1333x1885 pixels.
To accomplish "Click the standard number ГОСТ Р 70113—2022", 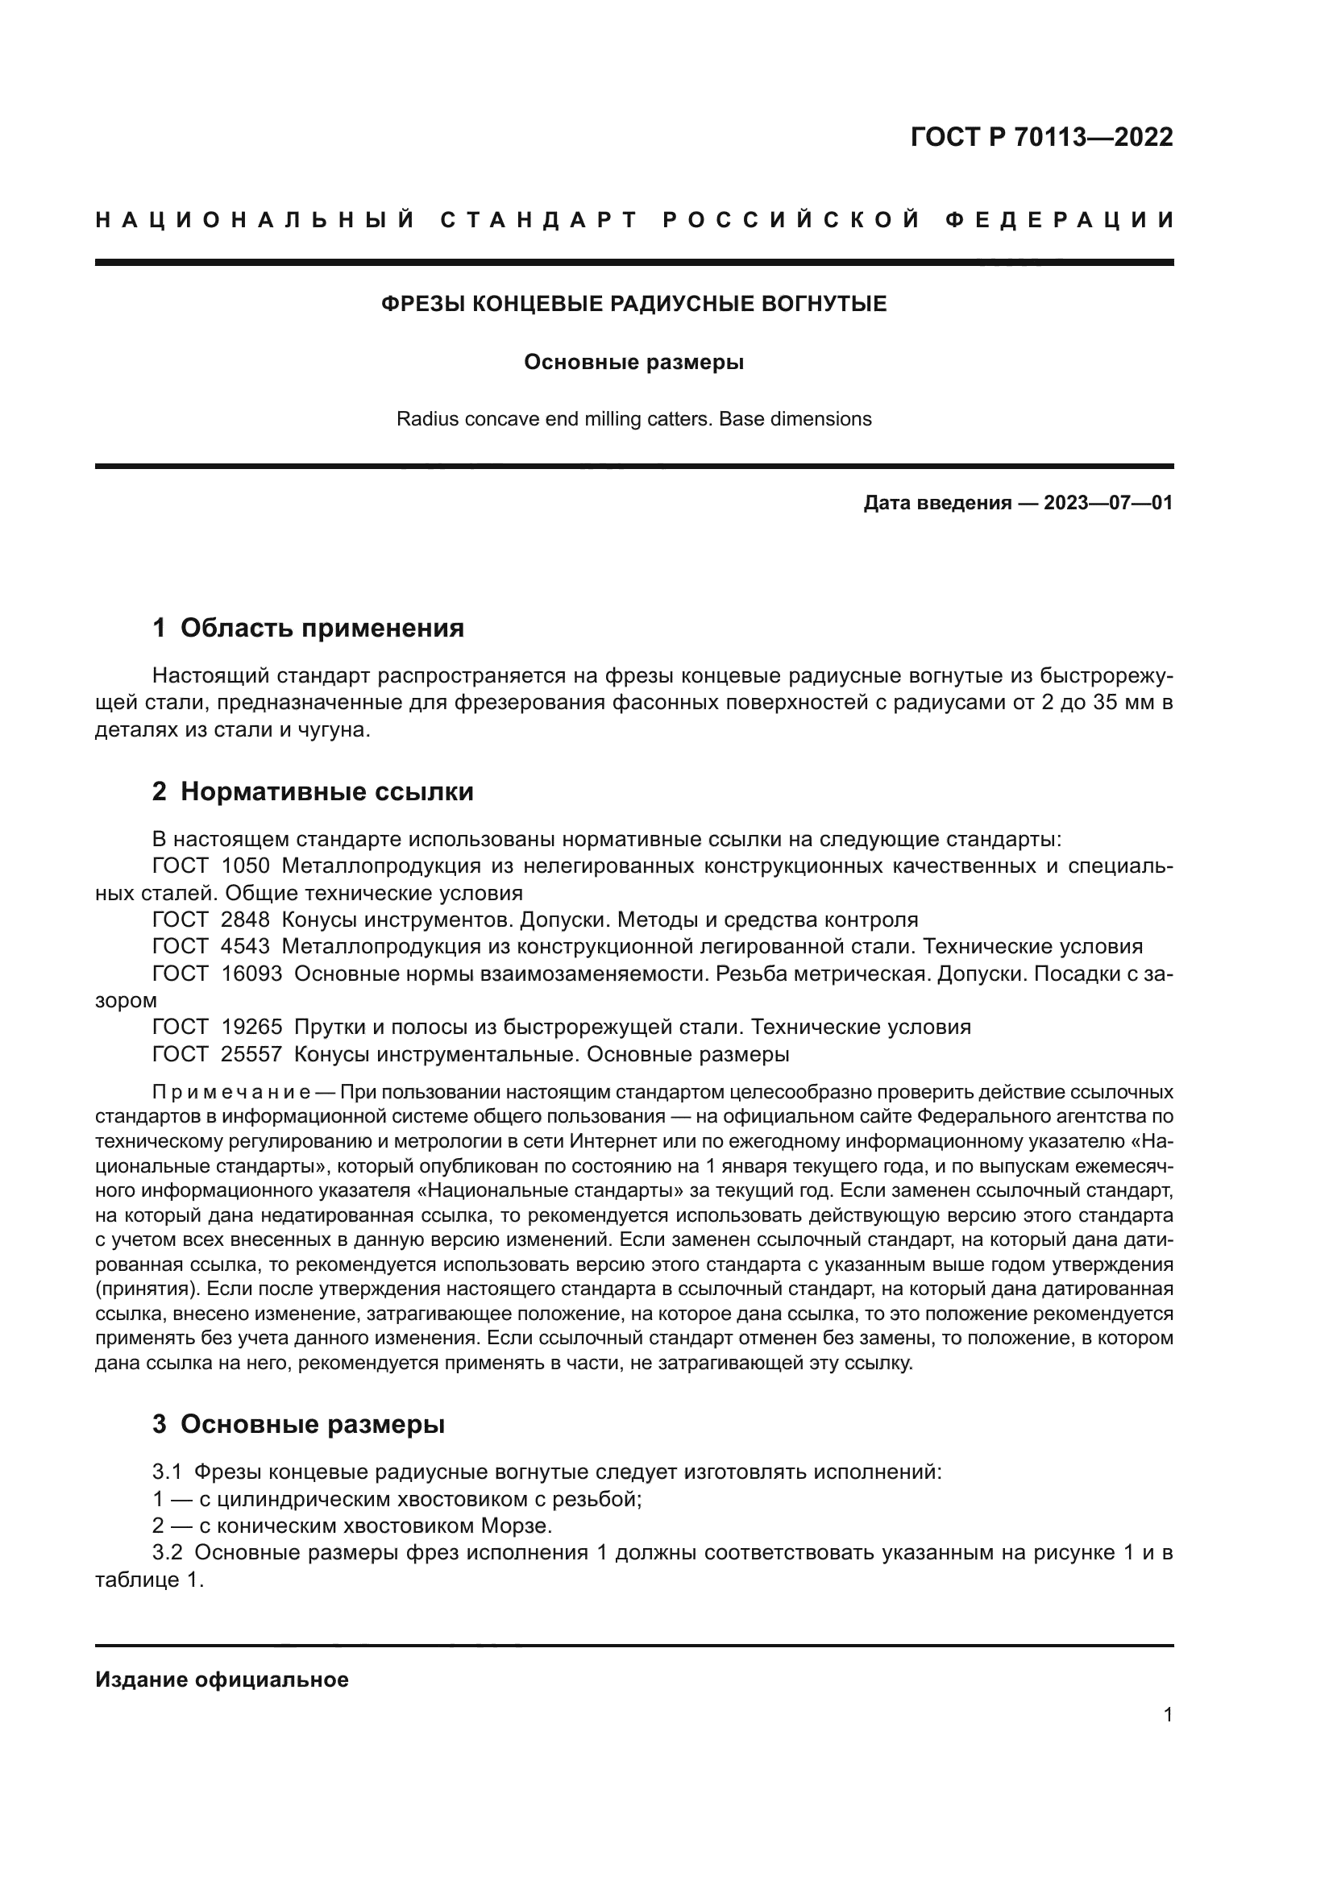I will [1040, 137].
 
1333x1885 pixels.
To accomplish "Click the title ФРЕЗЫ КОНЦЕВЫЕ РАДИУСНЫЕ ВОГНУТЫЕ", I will [633, 305].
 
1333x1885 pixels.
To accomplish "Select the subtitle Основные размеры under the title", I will [633, 362].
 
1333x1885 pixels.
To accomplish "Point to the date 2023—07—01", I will [1108, 503].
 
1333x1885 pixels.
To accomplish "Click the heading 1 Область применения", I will [308, 628].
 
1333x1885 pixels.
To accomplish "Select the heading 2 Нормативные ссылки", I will [313, 792].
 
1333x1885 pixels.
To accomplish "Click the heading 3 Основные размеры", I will [299, 1423].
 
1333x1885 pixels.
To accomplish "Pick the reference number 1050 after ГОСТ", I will [246, 866].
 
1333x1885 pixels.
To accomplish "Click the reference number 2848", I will [246, 920].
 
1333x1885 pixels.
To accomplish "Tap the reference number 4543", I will [246, 947].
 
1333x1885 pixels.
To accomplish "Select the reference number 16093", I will [251, 974].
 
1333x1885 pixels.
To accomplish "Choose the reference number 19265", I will [251, 1028].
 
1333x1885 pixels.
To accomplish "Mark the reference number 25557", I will [251, 1054].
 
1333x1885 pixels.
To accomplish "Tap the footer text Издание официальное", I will [222, 1679].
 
